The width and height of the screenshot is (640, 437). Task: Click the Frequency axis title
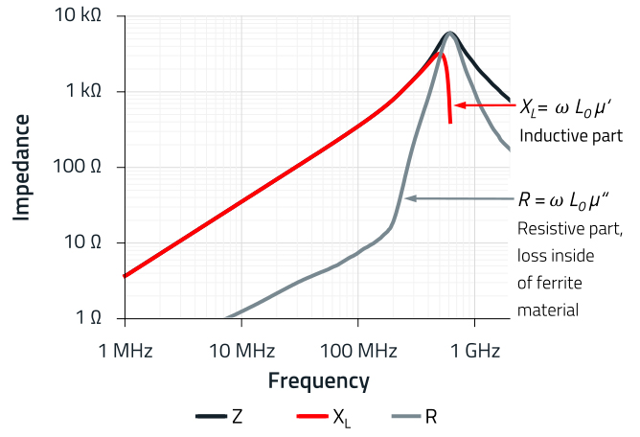pyautogui.click(x=318, y=380)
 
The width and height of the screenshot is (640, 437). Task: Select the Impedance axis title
pyautogui.click(x=20, y=168)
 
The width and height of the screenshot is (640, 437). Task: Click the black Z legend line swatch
pyautogui.click(x=210, y=417)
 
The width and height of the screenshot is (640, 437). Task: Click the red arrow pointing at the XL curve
pyautogui.click(x=484, y=104)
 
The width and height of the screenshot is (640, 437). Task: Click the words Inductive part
pyautogui.click(x=571, y=136)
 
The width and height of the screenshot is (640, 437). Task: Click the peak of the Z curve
pyautogui.click(x=450, y=33)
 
